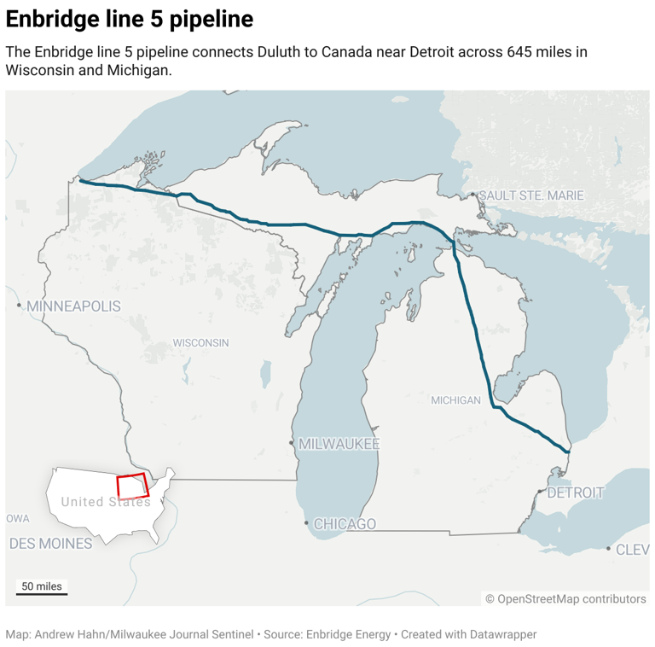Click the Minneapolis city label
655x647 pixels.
[73, 306]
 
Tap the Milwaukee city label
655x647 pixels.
[339, 444]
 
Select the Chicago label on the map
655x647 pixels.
[345, 523]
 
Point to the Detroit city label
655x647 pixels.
[575, 493]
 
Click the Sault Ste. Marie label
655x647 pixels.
[530, 195]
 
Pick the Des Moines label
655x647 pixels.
[50, 543]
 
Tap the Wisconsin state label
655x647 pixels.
[200, 343]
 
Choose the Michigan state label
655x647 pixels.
[455, 400]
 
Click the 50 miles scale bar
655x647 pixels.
[41, 588]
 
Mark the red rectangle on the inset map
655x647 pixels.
[132, 487]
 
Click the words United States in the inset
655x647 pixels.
[105, 502]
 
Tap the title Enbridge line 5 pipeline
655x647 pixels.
[130, 19]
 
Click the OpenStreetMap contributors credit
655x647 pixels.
[565, 599]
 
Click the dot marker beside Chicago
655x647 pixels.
[307, 522]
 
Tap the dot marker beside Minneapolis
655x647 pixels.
[19, 305]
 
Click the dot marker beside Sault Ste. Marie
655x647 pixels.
[473, 195]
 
